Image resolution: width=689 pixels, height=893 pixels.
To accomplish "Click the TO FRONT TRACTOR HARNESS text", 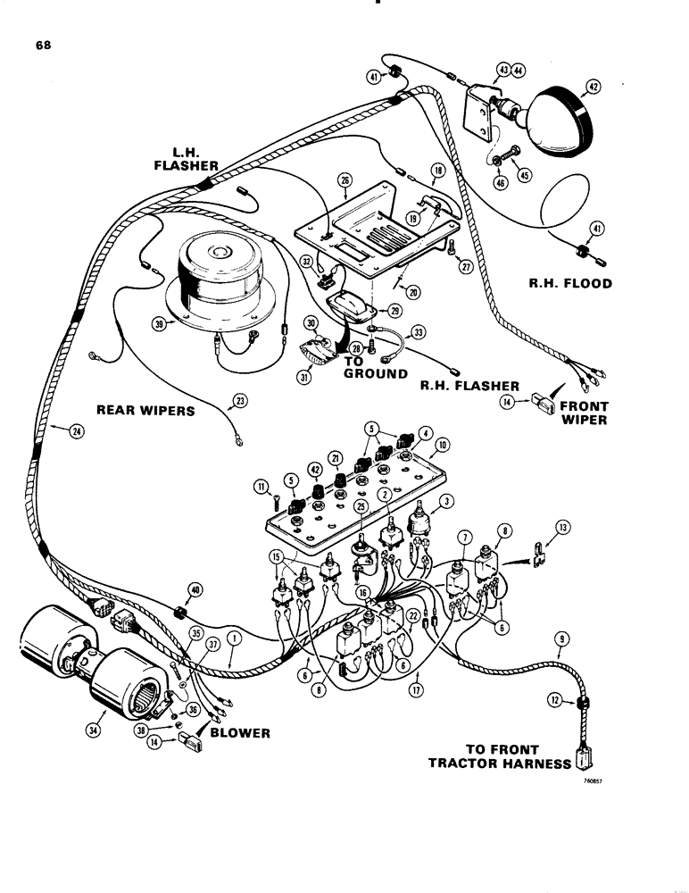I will (500, 756).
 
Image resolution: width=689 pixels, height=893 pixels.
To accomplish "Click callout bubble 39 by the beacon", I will (160, 326).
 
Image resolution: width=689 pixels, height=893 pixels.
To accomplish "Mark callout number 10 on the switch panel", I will (443, 445).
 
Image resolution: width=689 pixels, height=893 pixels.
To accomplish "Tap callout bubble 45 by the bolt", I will (524, 175).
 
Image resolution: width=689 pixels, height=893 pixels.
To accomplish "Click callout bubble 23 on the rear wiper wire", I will (238, 401).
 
